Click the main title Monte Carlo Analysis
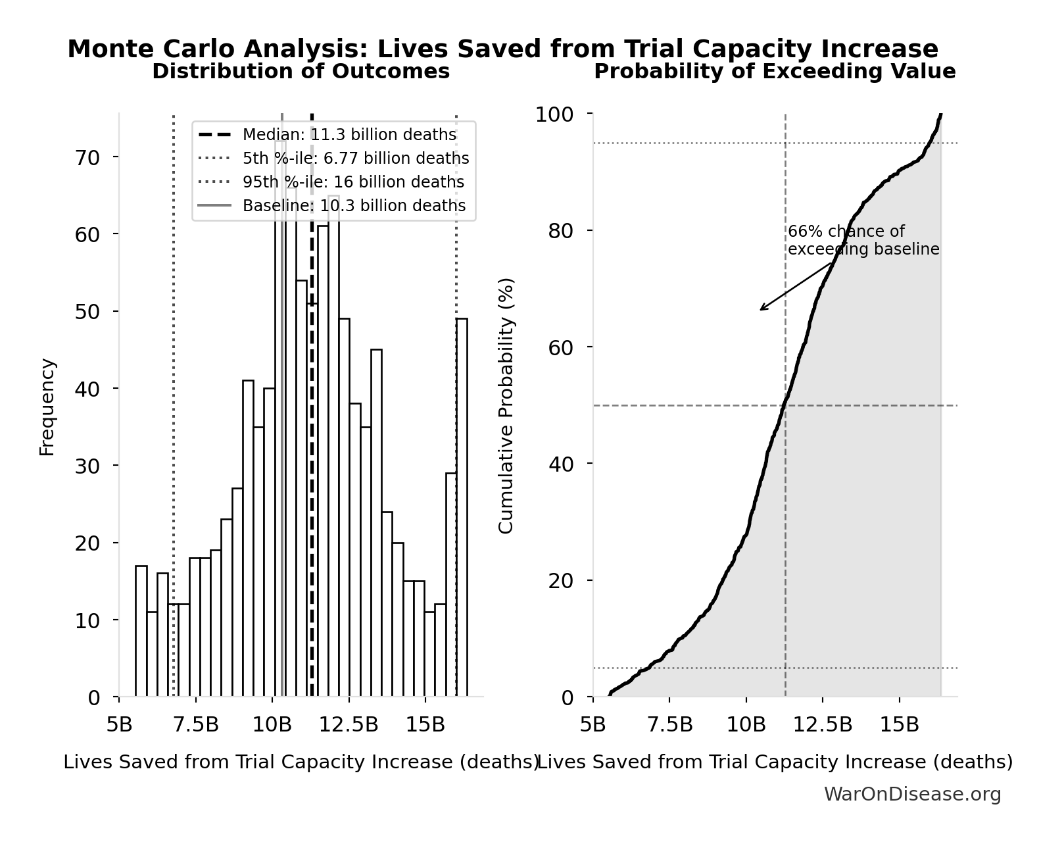503,49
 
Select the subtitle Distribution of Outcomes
301,72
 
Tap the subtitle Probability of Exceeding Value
775,72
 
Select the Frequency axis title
47,407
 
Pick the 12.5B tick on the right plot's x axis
823,725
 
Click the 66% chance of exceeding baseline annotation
863,241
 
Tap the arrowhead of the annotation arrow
761,309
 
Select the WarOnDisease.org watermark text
912,795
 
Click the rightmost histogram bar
462,507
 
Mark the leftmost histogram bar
141,631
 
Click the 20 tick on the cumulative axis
560,581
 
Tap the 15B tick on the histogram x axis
425,725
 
